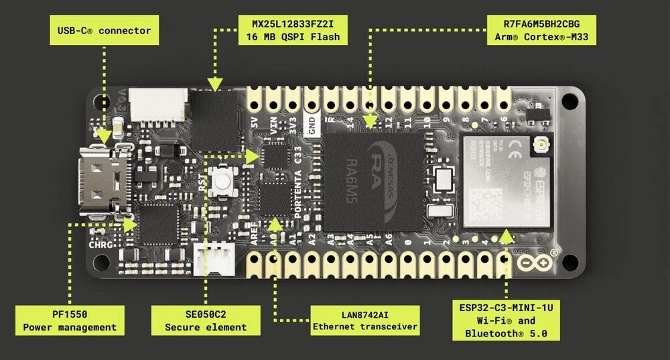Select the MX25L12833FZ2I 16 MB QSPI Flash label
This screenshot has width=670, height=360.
click(293, 30)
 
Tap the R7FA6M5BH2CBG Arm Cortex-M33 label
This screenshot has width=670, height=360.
click(542, 30)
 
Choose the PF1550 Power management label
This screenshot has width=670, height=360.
click(70, 320)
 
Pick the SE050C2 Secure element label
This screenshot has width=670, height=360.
click(206, 320)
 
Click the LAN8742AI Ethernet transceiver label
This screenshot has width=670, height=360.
click(365, 320)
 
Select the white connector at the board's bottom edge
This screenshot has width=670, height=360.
click(213, 258)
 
